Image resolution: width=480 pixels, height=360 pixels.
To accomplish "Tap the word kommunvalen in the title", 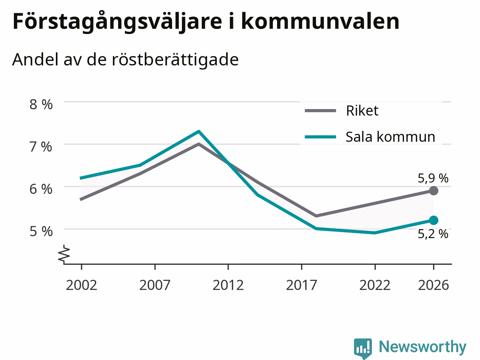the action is [x=320, y=21].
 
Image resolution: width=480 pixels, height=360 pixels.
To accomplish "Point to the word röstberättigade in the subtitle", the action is [x=175, y=60].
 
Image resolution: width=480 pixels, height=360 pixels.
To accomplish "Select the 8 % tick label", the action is [x=41, y=104].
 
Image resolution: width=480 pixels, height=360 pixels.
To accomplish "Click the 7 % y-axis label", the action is [x=41, y=147].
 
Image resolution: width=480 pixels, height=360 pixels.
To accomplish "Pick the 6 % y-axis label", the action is [x=41, y=189].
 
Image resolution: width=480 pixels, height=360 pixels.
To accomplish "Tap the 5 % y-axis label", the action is [x=41, y=231].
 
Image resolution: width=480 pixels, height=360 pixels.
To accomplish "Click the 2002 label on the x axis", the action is [x=81, y=285].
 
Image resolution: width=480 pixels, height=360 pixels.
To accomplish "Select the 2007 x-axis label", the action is [x=155, y=285].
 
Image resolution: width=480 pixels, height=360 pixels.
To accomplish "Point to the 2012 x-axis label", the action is [x=228, y=285].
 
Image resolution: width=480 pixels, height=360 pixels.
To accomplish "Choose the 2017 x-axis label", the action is [x=301, y=285].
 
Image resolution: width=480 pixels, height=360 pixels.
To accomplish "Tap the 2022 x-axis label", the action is [x=375, y=285].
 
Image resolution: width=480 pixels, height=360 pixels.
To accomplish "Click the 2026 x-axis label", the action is [x=433, y=285].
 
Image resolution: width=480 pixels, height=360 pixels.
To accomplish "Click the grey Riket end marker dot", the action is [x=433, y=191].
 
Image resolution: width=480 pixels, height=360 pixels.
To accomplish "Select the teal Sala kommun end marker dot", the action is [x=433, y=220].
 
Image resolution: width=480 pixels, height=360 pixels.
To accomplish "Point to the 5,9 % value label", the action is [x=433, y=178].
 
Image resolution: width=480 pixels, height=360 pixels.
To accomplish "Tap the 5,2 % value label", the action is [x=433, y=234].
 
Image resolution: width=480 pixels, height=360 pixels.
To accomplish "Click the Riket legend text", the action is [x=362, y=111].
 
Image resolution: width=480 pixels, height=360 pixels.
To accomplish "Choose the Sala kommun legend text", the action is [x=390, y=137].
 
